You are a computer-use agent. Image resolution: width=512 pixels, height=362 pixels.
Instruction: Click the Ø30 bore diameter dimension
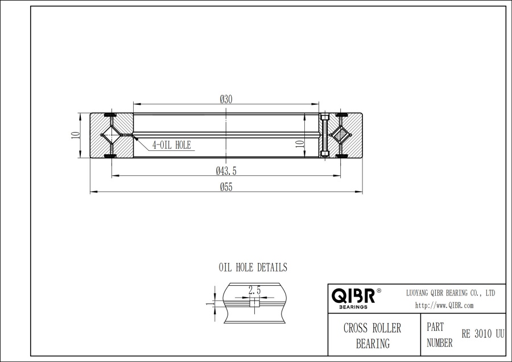coord(226,99)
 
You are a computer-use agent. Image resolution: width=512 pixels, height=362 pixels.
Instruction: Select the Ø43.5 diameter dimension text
coord(226,171)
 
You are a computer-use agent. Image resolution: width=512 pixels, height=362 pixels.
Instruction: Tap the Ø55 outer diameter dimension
coord(226,188)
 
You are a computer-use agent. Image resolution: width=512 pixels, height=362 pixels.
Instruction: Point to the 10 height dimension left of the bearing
coord(74,136)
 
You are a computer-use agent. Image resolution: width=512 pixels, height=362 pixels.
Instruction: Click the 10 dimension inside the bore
coord(299,143)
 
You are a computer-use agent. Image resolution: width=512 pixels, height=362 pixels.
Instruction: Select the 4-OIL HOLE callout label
coord(171,145)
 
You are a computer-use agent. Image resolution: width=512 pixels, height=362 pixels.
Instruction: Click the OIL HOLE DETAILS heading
coord(253,267)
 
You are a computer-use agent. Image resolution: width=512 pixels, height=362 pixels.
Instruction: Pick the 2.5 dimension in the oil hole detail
coord(254,290)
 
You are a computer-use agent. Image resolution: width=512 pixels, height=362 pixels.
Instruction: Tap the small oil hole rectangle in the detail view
coord(254,304)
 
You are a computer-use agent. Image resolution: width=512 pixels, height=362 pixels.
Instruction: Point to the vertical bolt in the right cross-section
coord(325,135)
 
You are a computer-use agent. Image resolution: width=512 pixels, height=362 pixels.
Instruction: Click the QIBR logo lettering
coord(353,295)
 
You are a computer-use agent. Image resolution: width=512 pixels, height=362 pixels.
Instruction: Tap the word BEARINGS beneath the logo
coord(353,307)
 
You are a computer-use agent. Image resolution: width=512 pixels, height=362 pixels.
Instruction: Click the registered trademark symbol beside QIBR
coord(379,291)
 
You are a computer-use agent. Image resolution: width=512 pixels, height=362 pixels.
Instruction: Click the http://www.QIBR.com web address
coord(444,305)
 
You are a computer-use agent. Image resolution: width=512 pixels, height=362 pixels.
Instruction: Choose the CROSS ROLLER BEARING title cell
coord(373,335)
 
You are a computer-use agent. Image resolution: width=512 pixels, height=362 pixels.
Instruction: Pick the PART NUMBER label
coord(439,335)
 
